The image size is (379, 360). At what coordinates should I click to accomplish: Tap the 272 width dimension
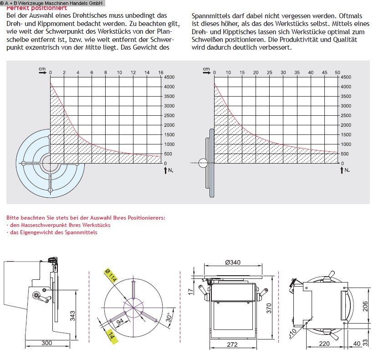pos(232,345)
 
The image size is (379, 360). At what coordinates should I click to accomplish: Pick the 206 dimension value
pos(364,306)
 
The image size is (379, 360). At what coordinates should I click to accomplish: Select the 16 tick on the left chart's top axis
pos(160,72)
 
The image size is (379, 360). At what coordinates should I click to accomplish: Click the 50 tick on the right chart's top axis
pos(337,72)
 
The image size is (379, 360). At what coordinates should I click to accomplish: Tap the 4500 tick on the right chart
pos(346,77)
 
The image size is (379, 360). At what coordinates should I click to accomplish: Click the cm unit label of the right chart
pos(206,69)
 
